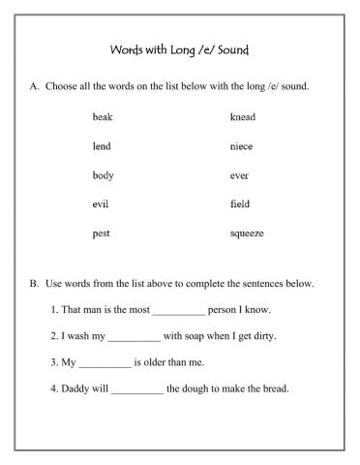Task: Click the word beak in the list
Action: point(103,117)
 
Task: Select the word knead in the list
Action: point(243,117)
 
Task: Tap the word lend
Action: point(102,146)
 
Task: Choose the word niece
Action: point(241,146)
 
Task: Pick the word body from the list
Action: point(103,175)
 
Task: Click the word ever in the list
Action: point(239,175)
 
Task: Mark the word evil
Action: point(101,204)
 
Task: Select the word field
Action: point(240,204)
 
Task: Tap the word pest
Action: point(102,233)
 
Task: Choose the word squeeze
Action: point(247,233)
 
